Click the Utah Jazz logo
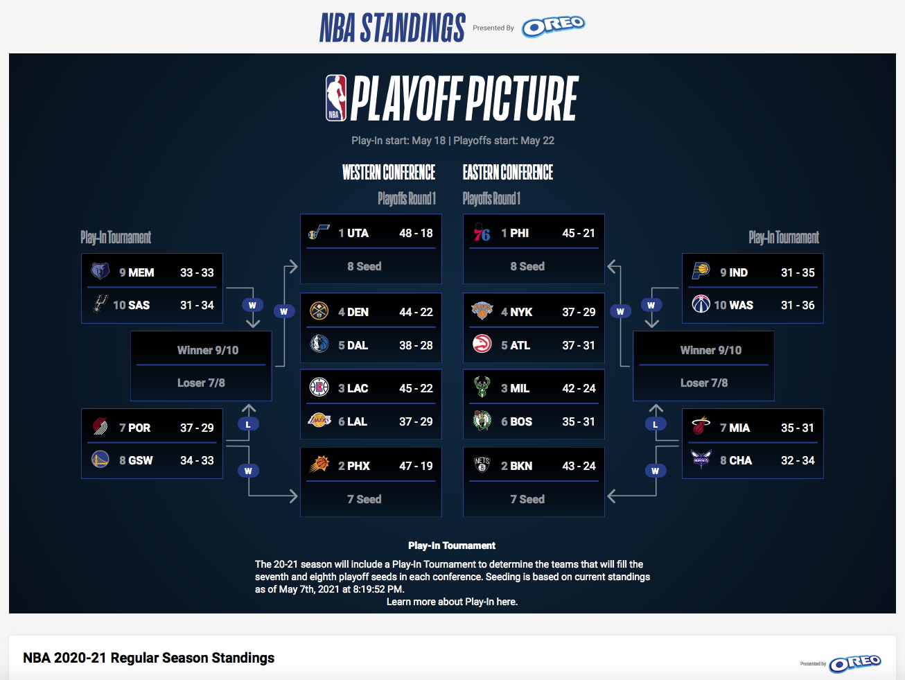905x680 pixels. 319,232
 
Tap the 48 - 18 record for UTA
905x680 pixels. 416,233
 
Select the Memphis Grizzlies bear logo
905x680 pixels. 100,271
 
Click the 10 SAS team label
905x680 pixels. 131,305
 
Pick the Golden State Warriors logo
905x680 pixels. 100,460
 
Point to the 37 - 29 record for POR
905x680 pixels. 197,428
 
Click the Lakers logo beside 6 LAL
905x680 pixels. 319,420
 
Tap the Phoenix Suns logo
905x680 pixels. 319,464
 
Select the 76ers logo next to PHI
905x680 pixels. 482,232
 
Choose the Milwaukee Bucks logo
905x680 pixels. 482,386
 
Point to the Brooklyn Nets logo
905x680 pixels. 482,464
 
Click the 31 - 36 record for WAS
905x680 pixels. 798,305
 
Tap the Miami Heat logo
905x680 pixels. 701,426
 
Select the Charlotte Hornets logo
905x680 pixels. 701,459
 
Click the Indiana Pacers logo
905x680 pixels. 701,270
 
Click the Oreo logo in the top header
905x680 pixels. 553,26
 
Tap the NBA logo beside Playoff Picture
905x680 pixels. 336,98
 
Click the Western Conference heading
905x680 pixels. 388,173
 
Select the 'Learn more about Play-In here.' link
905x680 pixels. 452,602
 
